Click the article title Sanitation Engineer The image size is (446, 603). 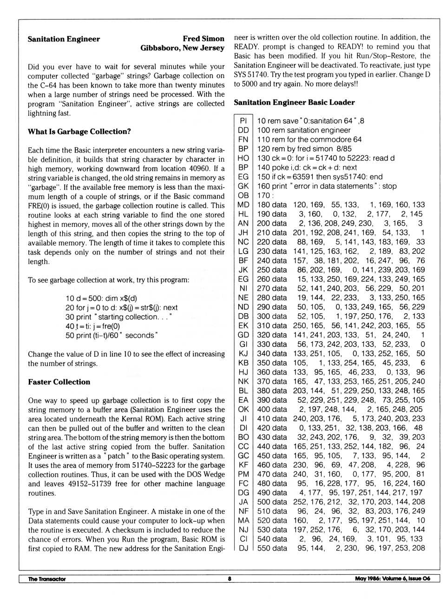click(64, 39)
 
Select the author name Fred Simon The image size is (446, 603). click(203, 39)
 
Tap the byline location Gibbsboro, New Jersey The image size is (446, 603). click(182, 48)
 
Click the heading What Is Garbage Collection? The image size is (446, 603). click(79, 132)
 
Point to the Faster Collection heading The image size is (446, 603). click(59, 382)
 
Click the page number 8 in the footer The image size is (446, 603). click(230, 579)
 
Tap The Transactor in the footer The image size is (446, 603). click(47, 579)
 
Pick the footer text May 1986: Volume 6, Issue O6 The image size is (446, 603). click(393, 579)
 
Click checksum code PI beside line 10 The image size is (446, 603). click(243, 121)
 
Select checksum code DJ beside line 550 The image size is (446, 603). click(243, 548)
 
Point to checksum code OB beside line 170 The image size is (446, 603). click(243, 195)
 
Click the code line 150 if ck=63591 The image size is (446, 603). click(320, 177)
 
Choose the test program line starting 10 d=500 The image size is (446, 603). click(101, 298)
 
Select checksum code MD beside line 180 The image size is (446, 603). click(243, 205)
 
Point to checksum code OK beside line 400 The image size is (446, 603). click(243, 409)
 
